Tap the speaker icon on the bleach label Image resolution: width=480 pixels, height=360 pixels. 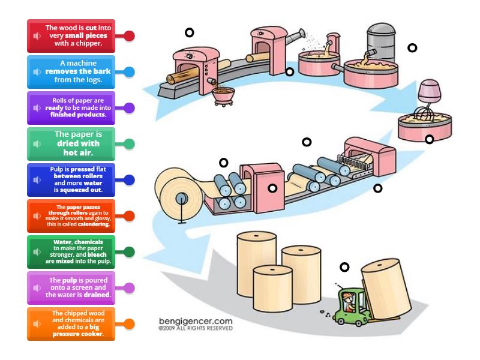tap(37, 252)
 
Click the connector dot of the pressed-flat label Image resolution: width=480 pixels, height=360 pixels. tap(129, 179)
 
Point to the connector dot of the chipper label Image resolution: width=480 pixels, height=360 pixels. tap(129, 35)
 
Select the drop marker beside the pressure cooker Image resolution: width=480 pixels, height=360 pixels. tap(412, 47)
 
